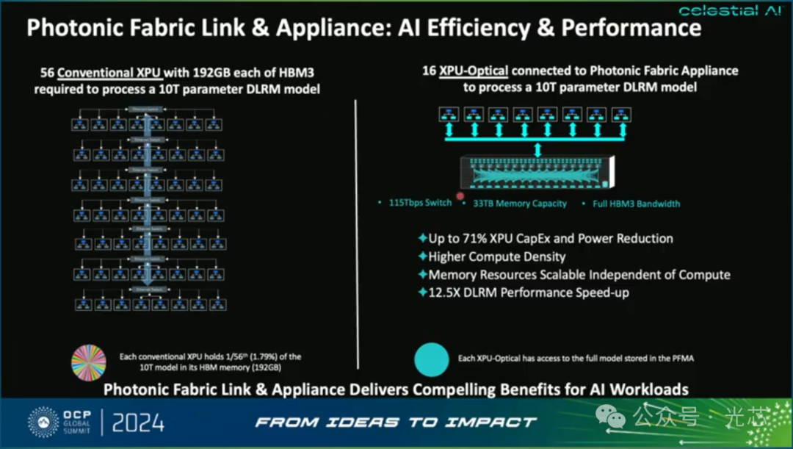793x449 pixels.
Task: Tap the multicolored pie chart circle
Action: (x=89, y=360)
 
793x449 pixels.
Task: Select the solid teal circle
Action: (x=431, y=360)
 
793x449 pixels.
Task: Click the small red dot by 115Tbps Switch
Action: (x=460, y=196)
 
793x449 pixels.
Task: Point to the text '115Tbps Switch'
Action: (x=420, y=203)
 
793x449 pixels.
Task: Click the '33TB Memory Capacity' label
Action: (x=519, y=204)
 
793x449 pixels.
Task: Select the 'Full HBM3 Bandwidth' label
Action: (x=636, y=204)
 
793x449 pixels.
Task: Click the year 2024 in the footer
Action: (x=139, y=423)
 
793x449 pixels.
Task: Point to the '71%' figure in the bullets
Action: (x=488, y=239)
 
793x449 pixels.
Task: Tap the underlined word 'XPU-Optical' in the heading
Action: (x=474, y=71)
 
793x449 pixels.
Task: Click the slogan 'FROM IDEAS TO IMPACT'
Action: (x=396, y=423)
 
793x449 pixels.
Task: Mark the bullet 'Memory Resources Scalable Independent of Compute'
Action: (x=579, y=275)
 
